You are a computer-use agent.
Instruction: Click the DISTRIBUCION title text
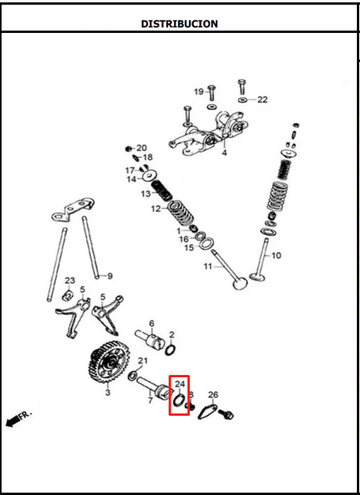click(x=179, y=24)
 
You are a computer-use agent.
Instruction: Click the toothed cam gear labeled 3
click(x=108, y=362)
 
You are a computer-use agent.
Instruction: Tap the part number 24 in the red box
click(x=180, y=384)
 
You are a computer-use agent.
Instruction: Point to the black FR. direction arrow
click(x=13, y=421)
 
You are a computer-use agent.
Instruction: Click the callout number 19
click(x=198, y=92)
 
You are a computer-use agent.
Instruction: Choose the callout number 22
click(x=262, y=100)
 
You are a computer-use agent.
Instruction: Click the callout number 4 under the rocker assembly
click(x=224, y=153)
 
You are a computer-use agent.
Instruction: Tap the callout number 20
click(x=142, y=147)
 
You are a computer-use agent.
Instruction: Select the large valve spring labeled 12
click(x=180, y=213)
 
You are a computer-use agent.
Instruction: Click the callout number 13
click(x=146, y=194)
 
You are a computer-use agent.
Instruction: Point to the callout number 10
click(x=276, y=255)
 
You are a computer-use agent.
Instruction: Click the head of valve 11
click(x=240, y=283)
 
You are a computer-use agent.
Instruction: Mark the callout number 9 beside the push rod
click(x=110, y=276)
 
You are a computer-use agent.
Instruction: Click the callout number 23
click(x=70, y=280)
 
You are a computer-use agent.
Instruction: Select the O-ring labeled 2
click(x=171, y=350)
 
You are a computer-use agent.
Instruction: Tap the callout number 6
click(x=151, y=323)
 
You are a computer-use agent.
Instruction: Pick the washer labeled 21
click(x=133, y=376)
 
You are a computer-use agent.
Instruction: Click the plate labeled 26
click(x=208, y=411)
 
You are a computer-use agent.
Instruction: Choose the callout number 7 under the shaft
click(x=150, y=400)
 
